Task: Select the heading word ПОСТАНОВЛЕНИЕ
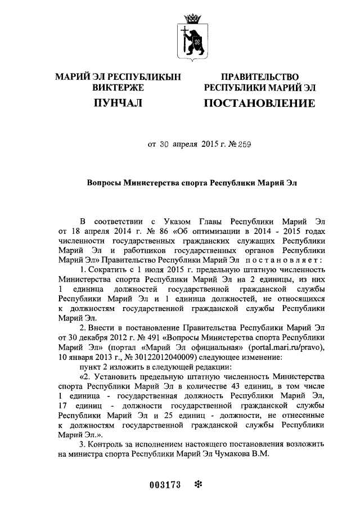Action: tap(259, 103)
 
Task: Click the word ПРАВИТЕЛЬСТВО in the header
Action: tap(259, 76)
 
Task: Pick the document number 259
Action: tap(243, 144)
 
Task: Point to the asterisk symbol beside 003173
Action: tap(197, 484)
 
